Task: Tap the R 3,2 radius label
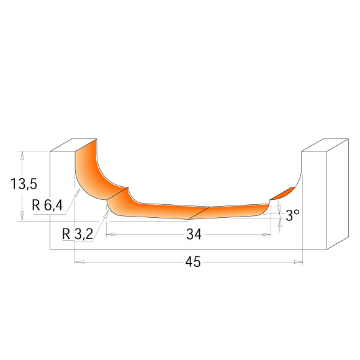pyautogui.click(x=78, y=234)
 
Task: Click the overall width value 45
pyautogui.click(x=192, y=263)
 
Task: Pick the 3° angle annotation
pyautogui.click(x=292, y=214)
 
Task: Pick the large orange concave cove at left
pyautogui.click(x=90, y=174)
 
